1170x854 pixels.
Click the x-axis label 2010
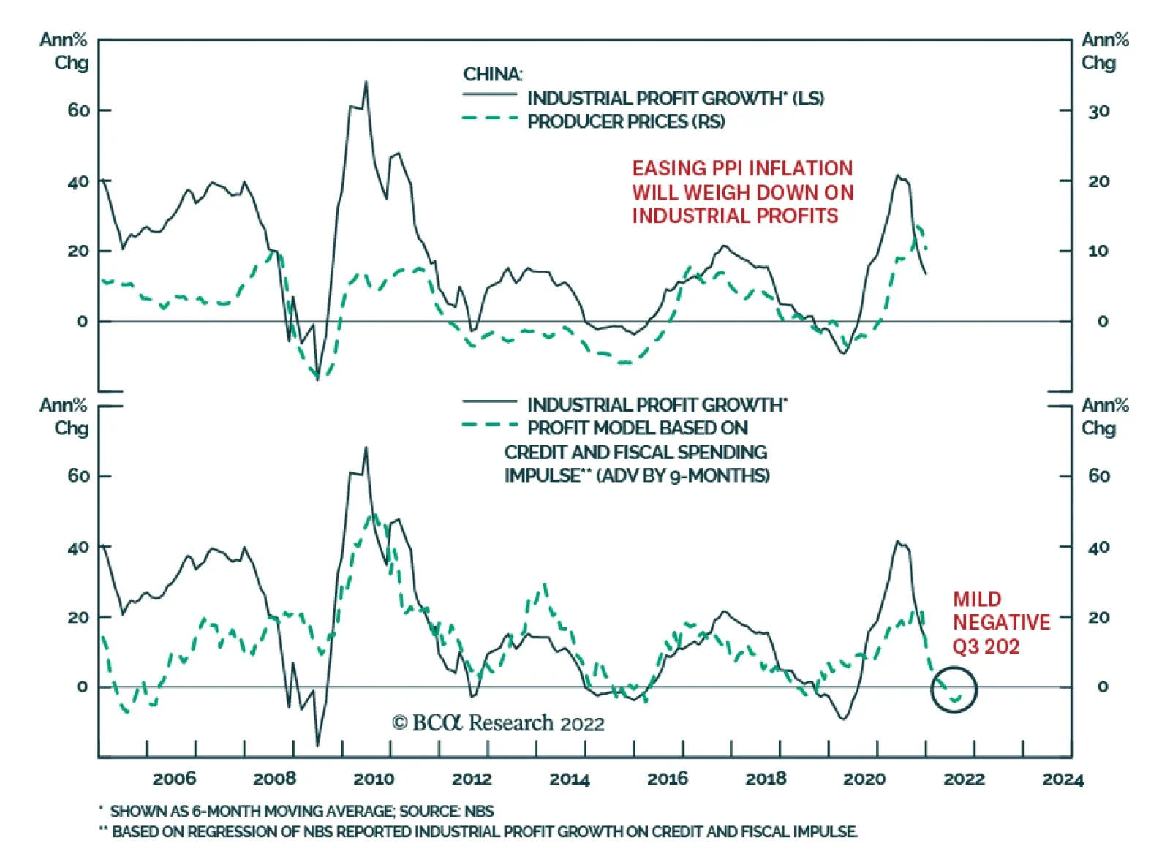coord(374,779)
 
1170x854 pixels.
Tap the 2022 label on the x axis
coord(964,779)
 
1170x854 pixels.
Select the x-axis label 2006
coord(174,779)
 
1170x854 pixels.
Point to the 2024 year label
coord(1063,779)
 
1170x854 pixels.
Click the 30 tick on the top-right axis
coord(1098,111)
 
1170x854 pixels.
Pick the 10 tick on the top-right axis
coord(1098,251)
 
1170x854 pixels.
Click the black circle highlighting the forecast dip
coord(954,689)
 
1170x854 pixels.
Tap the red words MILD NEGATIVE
coord(1001,611)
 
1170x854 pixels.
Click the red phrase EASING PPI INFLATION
coord(742,168)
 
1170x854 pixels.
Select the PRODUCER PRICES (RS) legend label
coord(626,121)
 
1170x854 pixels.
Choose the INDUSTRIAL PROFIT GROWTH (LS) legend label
coord(675,98)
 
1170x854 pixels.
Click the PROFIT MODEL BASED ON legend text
coord(638,428)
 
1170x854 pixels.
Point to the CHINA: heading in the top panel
coord(493,75)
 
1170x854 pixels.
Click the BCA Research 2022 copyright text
coord(499,723)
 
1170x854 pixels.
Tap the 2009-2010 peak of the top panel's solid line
coord(366,83)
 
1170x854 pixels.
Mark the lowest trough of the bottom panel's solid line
coord(317,745)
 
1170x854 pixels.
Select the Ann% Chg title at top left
coord(64,51)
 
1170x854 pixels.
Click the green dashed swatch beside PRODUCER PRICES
coord(489,118)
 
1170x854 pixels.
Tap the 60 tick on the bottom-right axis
coord(1098,476)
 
